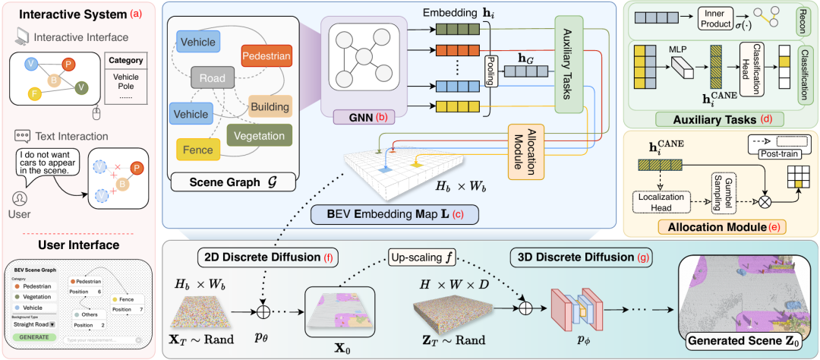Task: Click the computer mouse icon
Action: pos(96,115)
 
